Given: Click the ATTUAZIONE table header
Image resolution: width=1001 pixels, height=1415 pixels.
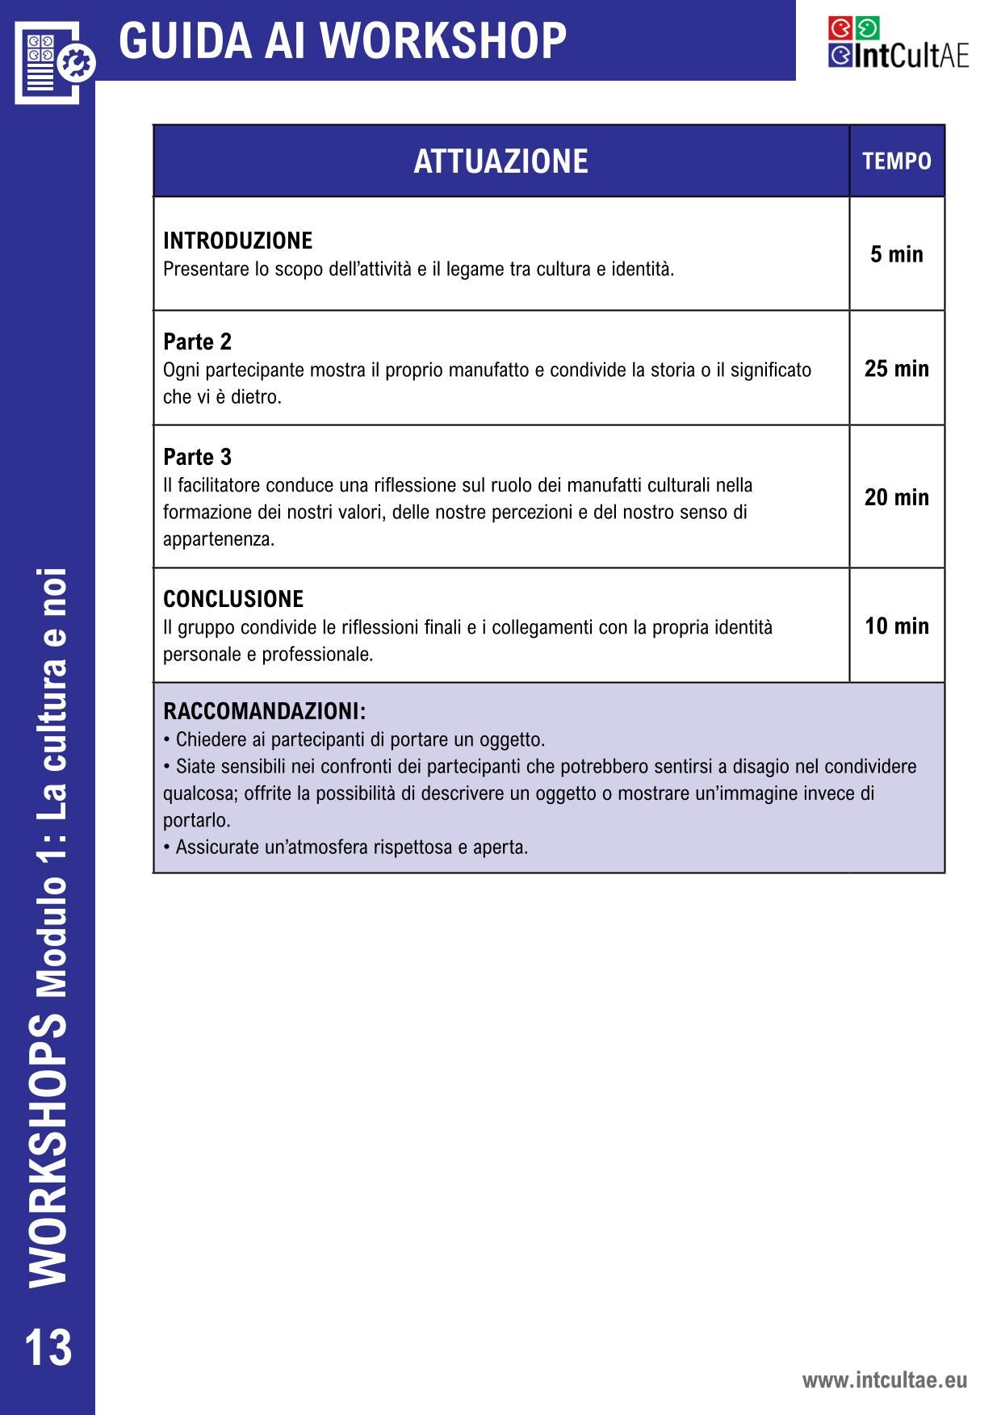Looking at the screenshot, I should (x=500, y=161).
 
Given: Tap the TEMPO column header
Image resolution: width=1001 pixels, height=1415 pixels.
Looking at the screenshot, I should (x=896, y=161).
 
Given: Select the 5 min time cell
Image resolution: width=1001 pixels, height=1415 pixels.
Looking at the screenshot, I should (x=896, y=254).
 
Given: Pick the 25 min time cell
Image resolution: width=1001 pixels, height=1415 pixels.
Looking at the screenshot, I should (x=896, y=369).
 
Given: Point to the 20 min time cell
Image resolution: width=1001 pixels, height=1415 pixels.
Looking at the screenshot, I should (x=896, y=497).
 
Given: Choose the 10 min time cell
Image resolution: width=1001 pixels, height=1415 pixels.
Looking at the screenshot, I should (x=896, y=626).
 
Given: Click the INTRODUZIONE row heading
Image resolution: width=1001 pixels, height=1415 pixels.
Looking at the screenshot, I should (x=237, y=241).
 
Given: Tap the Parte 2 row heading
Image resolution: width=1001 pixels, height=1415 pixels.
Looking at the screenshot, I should (x=197, y=342).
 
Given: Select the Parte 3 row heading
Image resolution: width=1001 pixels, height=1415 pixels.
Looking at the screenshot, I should (x=197, y=457).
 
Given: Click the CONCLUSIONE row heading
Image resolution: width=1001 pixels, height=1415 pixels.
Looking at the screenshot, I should (x=233, y=599).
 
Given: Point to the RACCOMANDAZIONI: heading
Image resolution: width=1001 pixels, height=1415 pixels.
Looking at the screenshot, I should (x=264, y=711).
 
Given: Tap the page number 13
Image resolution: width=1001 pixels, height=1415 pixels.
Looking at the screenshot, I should (x=48, y=1347).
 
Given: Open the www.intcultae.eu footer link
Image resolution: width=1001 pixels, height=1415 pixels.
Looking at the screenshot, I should (x=884, y=1379).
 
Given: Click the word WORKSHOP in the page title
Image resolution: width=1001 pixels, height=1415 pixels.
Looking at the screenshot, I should (x=447, y=40).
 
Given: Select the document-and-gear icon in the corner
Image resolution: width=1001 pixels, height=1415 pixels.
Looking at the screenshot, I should (x=53, y=61).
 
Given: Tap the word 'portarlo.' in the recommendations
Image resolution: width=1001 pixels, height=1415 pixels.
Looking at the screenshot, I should (x=197, y=820).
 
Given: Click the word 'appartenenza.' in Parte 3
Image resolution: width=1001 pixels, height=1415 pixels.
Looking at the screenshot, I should (x=219, y=539).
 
